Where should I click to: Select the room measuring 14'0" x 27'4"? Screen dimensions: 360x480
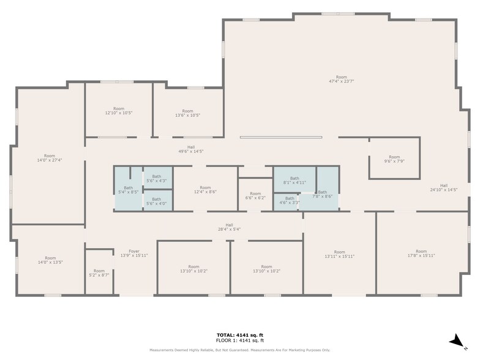(x=50, y=158)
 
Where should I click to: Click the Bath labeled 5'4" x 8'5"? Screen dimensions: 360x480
(x=128, y=190)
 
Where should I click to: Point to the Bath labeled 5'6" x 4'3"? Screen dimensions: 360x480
(x=157, y=179)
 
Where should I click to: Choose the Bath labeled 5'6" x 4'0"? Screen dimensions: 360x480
(x=157, y=201)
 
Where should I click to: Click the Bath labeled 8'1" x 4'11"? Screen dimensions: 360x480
(x=294, y=181)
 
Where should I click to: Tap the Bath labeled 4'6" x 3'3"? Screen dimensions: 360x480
(x=290, y=200)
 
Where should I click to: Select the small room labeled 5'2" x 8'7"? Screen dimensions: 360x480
(x=99, y=273)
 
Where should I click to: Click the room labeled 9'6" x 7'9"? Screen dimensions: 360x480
(x=394, y=159)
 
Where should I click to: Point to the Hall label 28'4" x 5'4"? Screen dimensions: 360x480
(x=229, y=227)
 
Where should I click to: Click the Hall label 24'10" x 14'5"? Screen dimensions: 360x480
(x=443, y=187)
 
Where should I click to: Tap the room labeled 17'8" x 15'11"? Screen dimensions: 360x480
(x=421, y=253)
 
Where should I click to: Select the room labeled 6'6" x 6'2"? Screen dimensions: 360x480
(x=255, y=196)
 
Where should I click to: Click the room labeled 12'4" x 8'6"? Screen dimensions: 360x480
(x=205, y=190)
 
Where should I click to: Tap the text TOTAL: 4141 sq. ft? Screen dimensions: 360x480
(x=240, y=335)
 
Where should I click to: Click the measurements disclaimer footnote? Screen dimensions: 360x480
(x=240, y=350)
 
